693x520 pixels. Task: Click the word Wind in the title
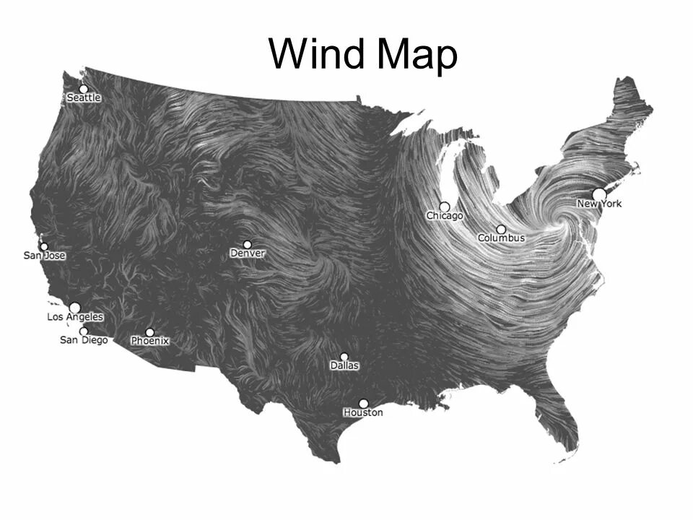coord(318,54)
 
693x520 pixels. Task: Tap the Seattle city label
coord(84,97)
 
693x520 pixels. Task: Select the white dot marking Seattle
coord(84,89)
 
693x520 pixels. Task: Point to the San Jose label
coord(45,256)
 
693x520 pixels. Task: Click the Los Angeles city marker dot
coord(74,308)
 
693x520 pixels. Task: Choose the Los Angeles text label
coord(75,317)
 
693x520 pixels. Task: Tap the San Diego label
coord(83,339)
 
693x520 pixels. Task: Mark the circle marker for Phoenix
coord(149,332)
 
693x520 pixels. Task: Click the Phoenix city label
coord(149,341)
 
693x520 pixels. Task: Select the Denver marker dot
coord(247,245)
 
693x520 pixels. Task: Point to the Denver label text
coord(248,253)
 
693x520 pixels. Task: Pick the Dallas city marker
coord(344,357)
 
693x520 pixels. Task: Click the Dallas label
coord(344,365)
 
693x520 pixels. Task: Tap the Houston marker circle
coord(363,404)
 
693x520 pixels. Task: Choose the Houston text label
coord(363,412)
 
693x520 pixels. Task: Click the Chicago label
coord(445,215)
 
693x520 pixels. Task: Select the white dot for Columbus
coord(501,229)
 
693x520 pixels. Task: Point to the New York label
coord(599,204)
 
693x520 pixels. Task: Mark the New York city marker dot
coord(598,194)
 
